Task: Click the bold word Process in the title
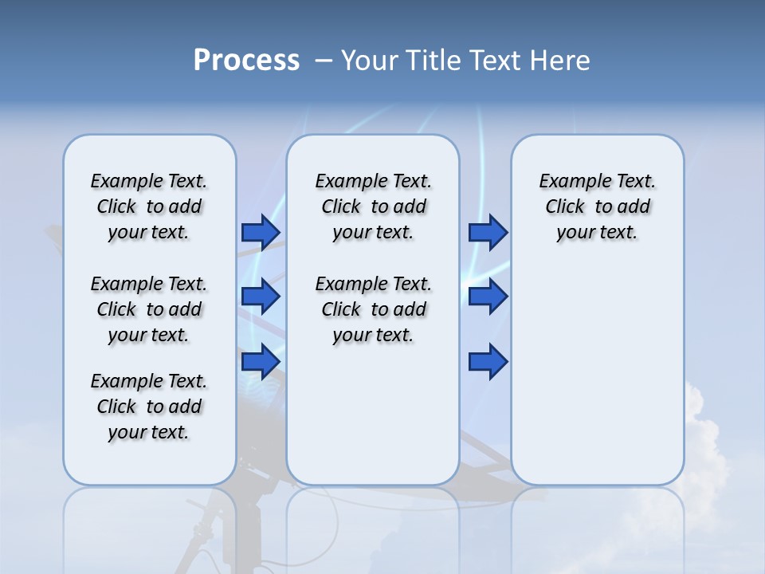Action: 246,61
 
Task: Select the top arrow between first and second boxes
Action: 261,232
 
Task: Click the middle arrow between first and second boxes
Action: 261,297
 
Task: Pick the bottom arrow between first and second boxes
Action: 261,362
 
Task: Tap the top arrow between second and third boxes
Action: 488,232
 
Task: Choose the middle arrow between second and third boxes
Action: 488,297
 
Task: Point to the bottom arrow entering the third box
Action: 488,362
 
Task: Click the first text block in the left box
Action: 149,206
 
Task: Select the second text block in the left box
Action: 149,309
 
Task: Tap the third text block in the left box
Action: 149,407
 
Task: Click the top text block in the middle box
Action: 373,206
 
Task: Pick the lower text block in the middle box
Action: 373,309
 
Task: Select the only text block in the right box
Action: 598,206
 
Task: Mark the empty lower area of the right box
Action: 598,375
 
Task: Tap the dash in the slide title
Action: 324,61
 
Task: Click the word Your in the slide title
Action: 370,61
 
